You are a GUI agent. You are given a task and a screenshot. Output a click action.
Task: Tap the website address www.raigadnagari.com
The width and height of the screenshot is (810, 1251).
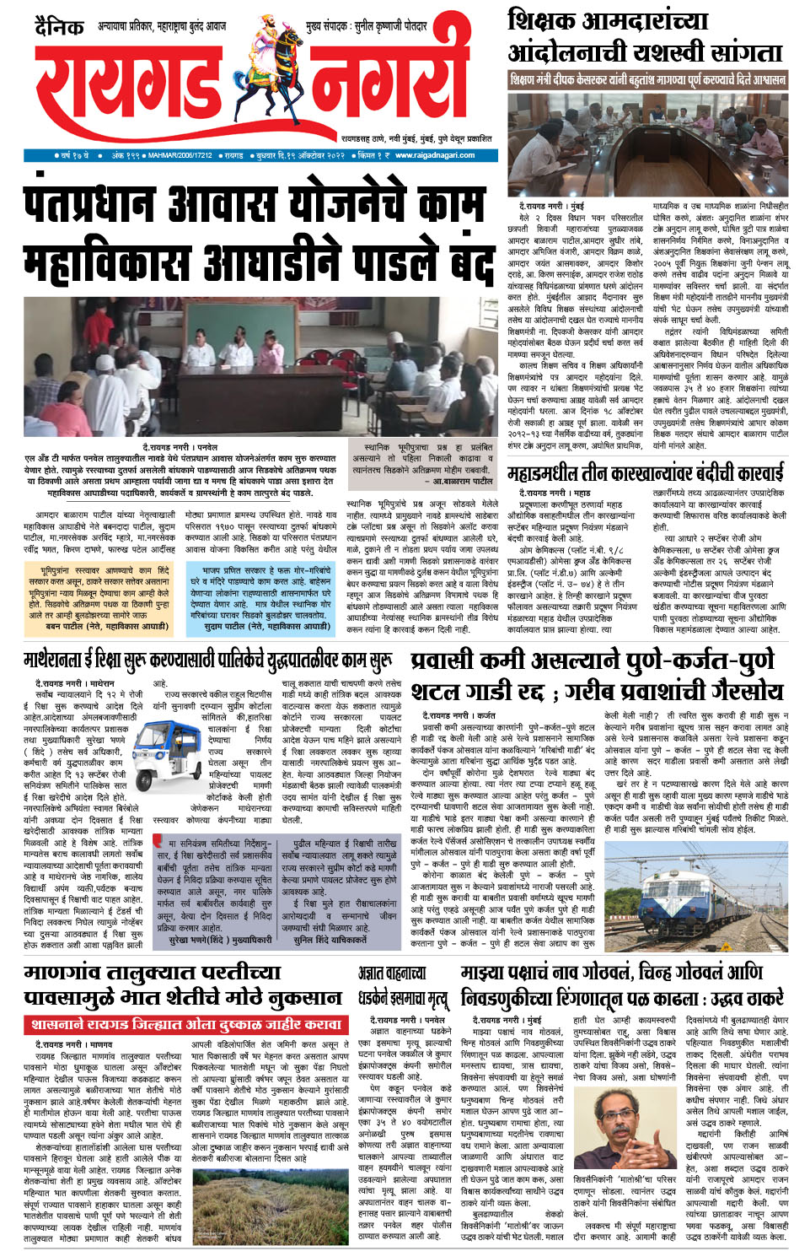[434, 155]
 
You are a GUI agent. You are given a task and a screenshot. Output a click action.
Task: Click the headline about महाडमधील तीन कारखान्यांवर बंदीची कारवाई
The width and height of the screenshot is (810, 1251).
[645, 472]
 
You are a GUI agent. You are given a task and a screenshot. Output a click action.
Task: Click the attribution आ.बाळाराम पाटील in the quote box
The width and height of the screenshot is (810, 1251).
[462, 480]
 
